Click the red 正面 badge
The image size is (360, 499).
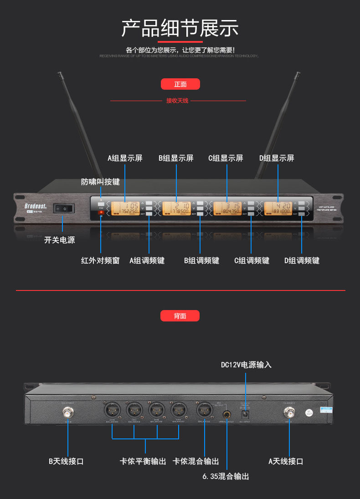click(x=180, y=84)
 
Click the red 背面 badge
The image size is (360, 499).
click(x=180, y=316)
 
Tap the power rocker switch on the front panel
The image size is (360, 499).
click(x=63, y=209)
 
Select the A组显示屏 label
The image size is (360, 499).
click(x=125, y=158)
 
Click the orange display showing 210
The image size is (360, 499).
click(x=176, y=208)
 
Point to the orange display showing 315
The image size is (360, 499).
click(x=227, y=208)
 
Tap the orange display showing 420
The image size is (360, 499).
click(x=278, y=208)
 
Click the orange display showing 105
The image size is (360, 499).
click(x=125, y=208)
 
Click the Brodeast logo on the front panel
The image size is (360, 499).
click(x=36, y=206)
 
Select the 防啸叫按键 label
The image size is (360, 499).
click(x=100, y=182)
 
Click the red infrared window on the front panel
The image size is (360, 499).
click(x=101, y=212)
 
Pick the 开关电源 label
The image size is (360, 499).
click(x=59, y=240)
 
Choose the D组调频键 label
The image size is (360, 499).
click(x=302, y=260)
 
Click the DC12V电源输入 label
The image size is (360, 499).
click(x=246, y=365)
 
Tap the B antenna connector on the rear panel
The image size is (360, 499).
click(x=68, y=413)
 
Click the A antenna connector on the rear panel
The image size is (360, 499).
click(x=289, y=413)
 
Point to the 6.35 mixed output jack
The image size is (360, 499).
click(x=226, y=415)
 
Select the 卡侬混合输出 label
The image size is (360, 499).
click(x=196, y=461)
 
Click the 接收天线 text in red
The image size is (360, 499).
click(x=177, y=101)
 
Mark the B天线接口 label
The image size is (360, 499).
click(x=66, y=461)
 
